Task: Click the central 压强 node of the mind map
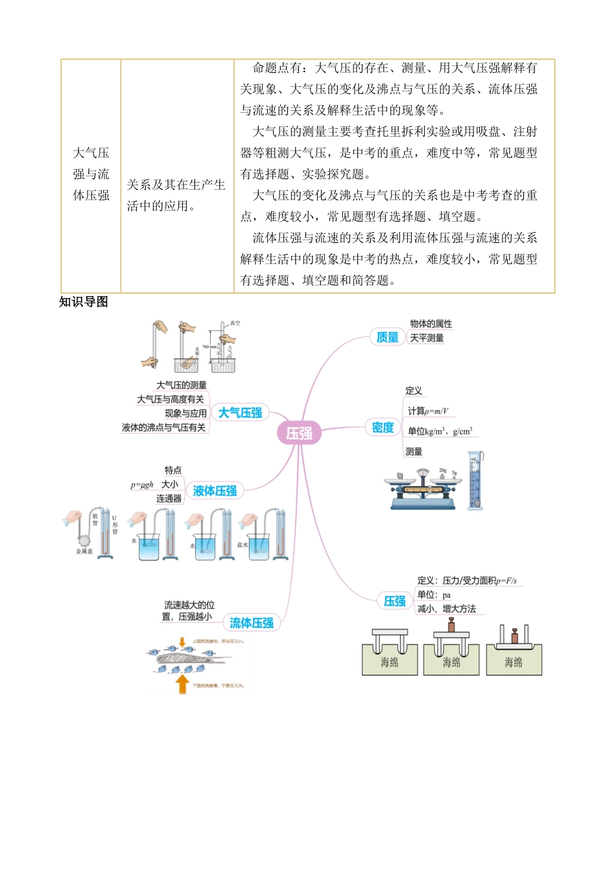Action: pyautogui.click(x=299, y=433)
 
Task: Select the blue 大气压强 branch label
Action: pyautogui.click(x=240, y=413)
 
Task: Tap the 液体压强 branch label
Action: pyautogui.click(x=215, y=491)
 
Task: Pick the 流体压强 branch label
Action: pyautogui.click(x=252, y=623)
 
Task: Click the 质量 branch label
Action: pyautogui.click(x=388, y=337)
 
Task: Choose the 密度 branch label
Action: pyautogui.click(x=383, y=428)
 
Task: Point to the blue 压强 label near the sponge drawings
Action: pyautogui.click(x=394, y=601)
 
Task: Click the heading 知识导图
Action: pyautogui.click(x=84, y=302)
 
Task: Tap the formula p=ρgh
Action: pyautogui.click(x=142, y=485)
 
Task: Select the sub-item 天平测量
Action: pyautogui.click(x=427, y=338)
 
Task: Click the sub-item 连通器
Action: pyautogui.click(x=169, y=499)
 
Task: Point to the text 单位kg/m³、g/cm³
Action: pyautogui.click(x=440, y=432)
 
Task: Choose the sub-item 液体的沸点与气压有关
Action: pyautogui.click(x=163, y=428)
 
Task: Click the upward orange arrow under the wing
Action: pyautogui.click(x=182, y=684)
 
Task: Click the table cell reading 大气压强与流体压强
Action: pyautogui.click(x=91, y=174)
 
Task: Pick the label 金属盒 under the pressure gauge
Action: pyautogui.click(x=84, y=552)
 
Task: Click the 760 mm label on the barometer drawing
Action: pyautogui.click(x=209, y=347)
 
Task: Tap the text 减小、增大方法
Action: pyautogui.click(x=446, y=609)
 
